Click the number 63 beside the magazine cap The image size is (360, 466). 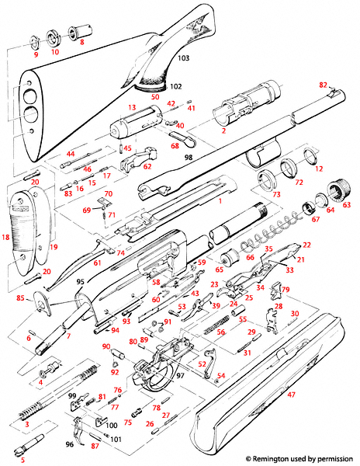[x=346, y=205]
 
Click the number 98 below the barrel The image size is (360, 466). [x=188, y=158]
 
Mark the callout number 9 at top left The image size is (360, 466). [x=35, y=55]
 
